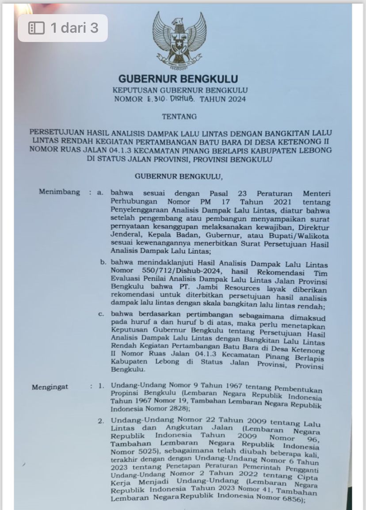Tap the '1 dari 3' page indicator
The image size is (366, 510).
click(63, 28)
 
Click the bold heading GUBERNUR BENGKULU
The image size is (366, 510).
click(178, 80)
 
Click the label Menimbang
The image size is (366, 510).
click(60, 192)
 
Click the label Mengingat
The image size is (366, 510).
click(50, 387)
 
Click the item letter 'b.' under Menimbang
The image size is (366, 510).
click(103, 262)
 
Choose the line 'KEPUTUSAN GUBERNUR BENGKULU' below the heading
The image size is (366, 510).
click(179, 91)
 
